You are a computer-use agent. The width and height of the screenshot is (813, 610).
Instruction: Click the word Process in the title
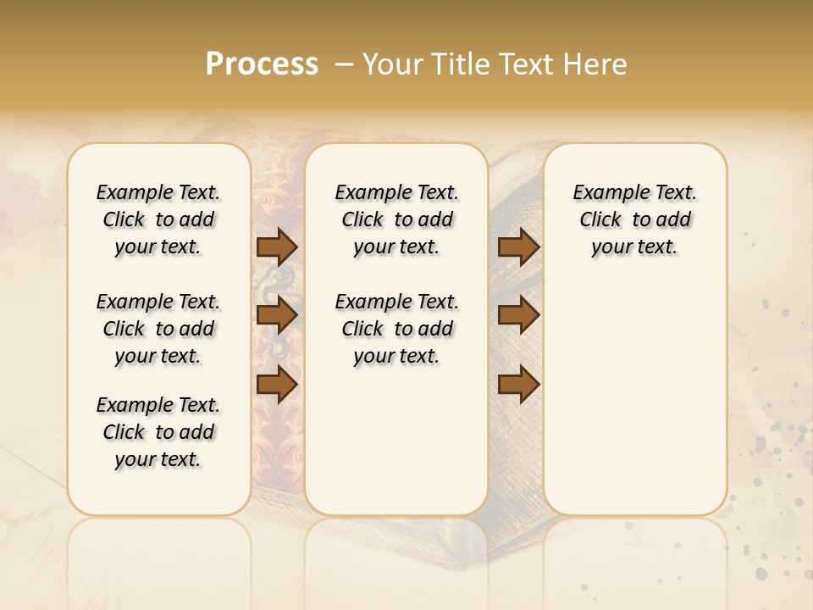(x=262, y=64)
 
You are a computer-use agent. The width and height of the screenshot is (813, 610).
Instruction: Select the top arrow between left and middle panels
(x=276, y=247)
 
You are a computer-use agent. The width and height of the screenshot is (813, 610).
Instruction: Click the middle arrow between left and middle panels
(x=276, y=315)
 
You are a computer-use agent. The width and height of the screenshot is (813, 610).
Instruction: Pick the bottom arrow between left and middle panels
(x=276, y=384)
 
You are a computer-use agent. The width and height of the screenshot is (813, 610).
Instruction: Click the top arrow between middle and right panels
(x=518, y=247)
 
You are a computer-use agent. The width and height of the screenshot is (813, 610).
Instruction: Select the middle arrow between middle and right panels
(x=518, y=315)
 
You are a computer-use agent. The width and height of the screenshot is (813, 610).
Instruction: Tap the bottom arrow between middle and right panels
(x=518, y=384)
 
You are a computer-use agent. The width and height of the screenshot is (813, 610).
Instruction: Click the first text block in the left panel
(x=158, y=219)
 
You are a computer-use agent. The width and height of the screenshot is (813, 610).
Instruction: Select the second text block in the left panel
(x=158, y=329)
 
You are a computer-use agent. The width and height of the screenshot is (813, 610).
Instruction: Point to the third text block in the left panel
(x=158, y=432)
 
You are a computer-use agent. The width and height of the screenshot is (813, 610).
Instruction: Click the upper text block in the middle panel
(x=396, y=219)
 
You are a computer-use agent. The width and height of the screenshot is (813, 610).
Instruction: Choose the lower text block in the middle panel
(x=396, y=329)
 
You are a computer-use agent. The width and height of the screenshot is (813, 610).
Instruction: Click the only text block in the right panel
(x=634, y=219)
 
